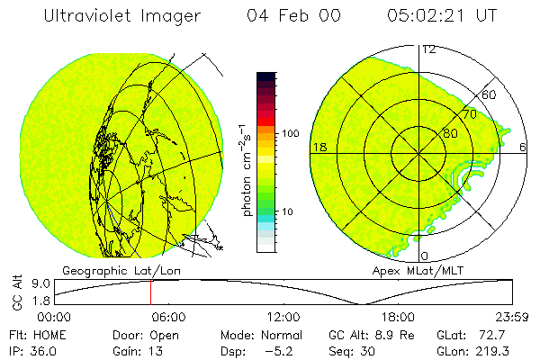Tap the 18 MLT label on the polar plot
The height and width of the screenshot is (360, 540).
pyautogui.click(x=318, y=147)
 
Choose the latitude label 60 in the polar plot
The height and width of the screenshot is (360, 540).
pyautogui.click(x=489, y=94)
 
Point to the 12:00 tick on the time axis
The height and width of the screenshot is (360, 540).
pyautogui.click(x=284, y=317)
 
